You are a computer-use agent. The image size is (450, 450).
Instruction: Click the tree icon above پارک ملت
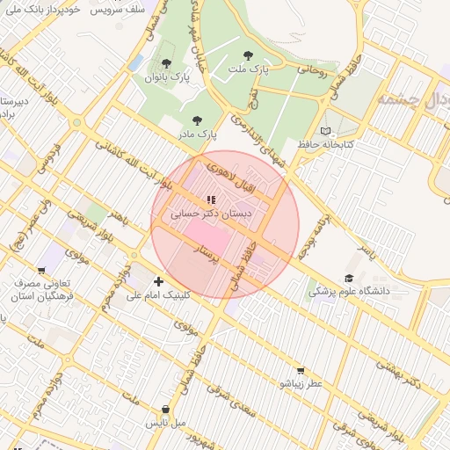(247, 55)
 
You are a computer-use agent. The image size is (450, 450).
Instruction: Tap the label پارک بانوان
(167, 77)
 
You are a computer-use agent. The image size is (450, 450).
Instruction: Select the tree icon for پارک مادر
(196, 120)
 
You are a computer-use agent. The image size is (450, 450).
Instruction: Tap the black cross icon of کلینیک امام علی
(158, 281)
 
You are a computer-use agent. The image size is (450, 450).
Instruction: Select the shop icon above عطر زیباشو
(301, 371)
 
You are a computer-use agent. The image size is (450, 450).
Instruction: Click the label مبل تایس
(166, 423)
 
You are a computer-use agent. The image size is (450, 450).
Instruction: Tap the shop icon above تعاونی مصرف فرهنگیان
(41, 271)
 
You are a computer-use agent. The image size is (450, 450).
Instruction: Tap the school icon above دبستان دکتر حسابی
(210, 200)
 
